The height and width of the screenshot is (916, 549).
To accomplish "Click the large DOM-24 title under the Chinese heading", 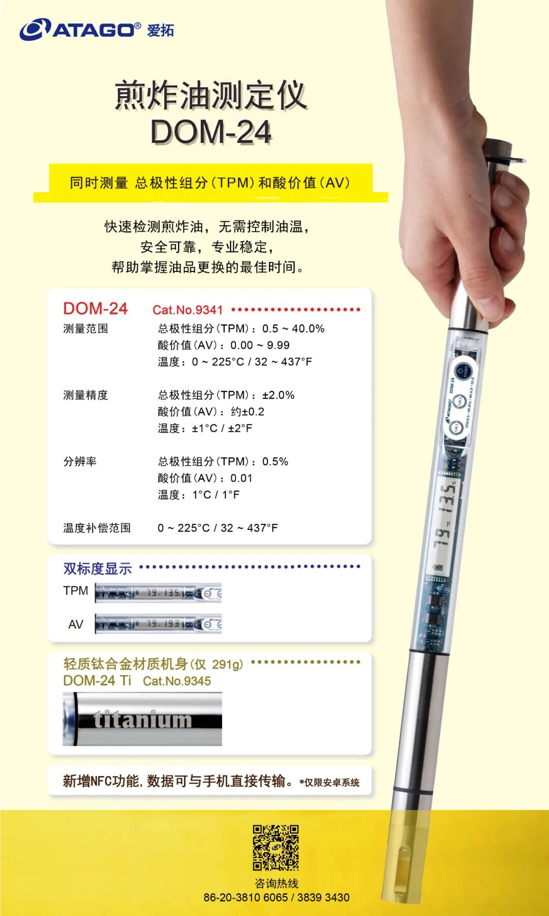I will (x=210, y=132).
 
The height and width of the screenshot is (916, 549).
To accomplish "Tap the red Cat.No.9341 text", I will (x=188, y=310).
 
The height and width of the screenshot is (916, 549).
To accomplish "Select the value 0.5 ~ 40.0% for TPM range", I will (x=293, y=329).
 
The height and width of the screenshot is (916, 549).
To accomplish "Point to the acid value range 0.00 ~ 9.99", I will (x=260, y=345).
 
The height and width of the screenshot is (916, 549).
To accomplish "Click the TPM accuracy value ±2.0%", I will (x=278, y=395).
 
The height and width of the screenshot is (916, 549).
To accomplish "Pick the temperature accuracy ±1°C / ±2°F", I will (x=222, y=428).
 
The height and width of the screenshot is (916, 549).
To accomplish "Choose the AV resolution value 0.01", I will (x=241, y=478).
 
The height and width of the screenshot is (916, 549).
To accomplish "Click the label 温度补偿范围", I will (x=97, y=528).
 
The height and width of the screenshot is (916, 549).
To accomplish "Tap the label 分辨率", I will (x=80, y=461).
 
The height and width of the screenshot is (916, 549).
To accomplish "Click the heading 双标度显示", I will (x=98, y=569).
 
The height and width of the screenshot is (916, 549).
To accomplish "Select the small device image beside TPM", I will (x=158, y=593).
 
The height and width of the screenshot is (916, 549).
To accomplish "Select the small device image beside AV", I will (x=158, y=624).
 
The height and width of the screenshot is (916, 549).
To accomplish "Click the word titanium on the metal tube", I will (x=143, y=720).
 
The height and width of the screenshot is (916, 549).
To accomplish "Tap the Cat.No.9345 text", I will (x=177, y=681).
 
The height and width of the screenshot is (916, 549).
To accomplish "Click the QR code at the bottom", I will (x=276, y=847).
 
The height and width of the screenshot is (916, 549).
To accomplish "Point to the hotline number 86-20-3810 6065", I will (x=246, y=897).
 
